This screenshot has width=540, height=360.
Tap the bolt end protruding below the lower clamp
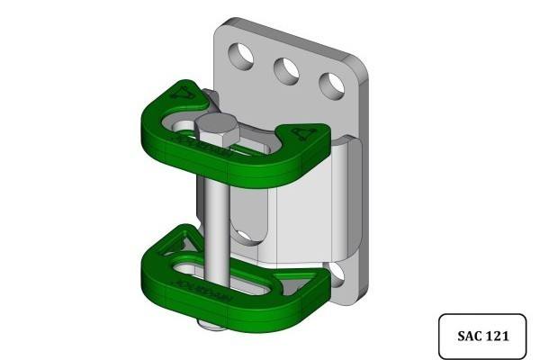(210, 322)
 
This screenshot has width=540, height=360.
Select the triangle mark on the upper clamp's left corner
(183, 93)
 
